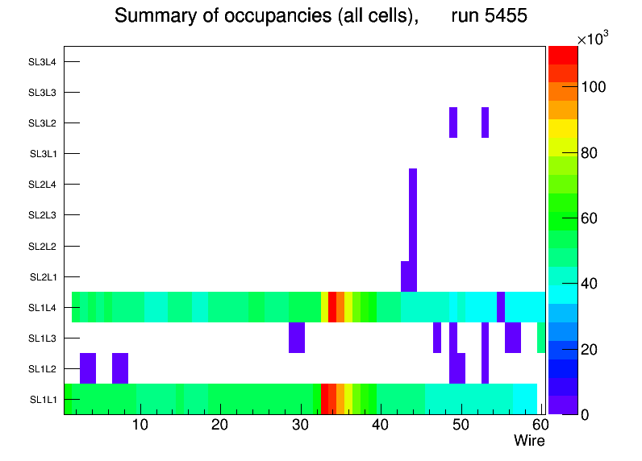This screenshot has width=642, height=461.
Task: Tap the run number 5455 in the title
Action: point(490,15)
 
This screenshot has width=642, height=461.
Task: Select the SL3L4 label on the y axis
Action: point(42,62)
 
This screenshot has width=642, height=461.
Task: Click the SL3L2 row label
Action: point(42,123)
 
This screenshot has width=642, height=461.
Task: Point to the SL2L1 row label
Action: point(43,277)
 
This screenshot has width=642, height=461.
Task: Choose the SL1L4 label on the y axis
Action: point(43,308)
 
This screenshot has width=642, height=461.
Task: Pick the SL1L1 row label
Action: point(43,400)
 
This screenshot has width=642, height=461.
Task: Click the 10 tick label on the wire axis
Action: point(140,426)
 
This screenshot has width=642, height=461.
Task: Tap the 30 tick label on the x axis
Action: point(300,426)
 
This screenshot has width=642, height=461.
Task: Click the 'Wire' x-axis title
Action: point(529,441)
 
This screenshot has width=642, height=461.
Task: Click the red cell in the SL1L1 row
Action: point(325,399)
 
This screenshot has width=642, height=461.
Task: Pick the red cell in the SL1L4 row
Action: point(332,307)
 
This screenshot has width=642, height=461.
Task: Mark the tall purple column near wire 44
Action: point(413,218)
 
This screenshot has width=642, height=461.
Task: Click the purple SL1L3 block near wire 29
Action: point(297,338)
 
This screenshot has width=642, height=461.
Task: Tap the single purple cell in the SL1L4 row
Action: point(501,307)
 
